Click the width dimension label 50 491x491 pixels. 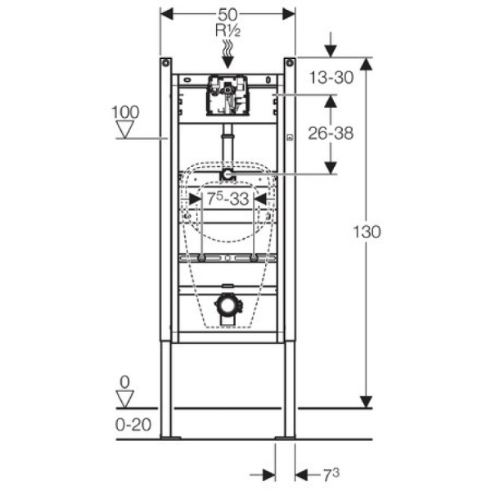tap(227, 15)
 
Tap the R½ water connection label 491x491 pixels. tap(228, 31)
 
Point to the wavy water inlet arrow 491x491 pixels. tap(228, 55)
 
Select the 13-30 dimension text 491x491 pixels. tap(331, 78)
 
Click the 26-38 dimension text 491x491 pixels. tap(331, 133)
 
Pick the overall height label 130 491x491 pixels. tap(367, 232)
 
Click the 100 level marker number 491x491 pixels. tap(125, 112)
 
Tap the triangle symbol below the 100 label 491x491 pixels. tap(125, 129)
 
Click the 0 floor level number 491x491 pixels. tap(124, 382)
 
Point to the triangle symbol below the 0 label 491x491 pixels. tap(125, 399)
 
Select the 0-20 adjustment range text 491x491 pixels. tap(133, 425)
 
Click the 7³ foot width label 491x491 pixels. tap(331, 475)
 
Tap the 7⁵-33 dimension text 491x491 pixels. tap(228, 199)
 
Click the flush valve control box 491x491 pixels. tap(227, 95)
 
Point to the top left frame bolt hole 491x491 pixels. tap(165, 63)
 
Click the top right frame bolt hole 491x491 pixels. tap(290, 63)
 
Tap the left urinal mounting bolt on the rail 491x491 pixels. tap(201, 258)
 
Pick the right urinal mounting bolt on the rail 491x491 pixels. tap(254, 258)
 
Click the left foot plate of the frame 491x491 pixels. tap(170, 438)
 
